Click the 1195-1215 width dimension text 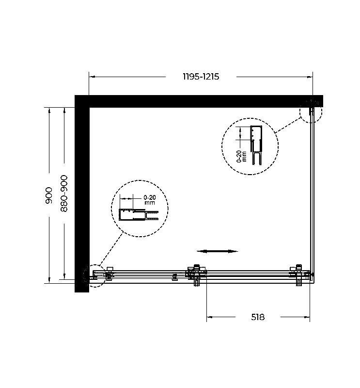201,77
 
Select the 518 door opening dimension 258,317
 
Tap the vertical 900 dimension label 49,195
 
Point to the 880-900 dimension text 64,193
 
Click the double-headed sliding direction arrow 217,251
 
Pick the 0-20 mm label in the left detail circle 150,200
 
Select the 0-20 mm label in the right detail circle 242,156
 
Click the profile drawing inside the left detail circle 139,214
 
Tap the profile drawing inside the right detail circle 256,145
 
